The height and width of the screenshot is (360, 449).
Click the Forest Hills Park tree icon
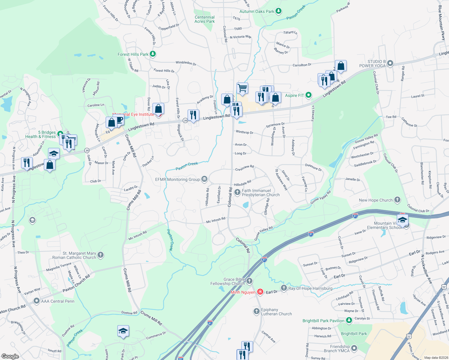153,54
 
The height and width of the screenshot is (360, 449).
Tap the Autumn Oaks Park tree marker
279,11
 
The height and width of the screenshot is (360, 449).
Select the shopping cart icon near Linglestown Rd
242,88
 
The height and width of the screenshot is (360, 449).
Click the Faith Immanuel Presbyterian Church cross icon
237,192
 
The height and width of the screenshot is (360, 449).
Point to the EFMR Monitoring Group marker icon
204,179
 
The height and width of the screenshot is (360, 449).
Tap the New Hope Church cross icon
397,200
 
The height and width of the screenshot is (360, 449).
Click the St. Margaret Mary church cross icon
101,255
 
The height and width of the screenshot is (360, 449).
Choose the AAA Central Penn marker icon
37,301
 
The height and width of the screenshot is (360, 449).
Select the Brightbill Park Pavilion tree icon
349,320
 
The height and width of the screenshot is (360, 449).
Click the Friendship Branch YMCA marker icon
354,348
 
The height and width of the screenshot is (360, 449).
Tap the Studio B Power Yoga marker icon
390,63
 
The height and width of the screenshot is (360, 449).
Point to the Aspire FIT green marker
309,95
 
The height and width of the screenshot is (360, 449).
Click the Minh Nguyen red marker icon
260,292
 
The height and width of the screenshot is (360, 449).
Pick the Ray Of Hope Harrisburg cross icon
284,288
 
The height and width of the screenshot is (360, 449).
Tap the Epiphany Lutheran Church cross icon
256,311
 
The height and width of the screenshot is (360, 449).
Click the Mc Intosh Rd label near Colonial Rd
215,220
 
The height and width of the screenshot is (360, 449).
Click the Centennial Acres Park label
204,19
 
